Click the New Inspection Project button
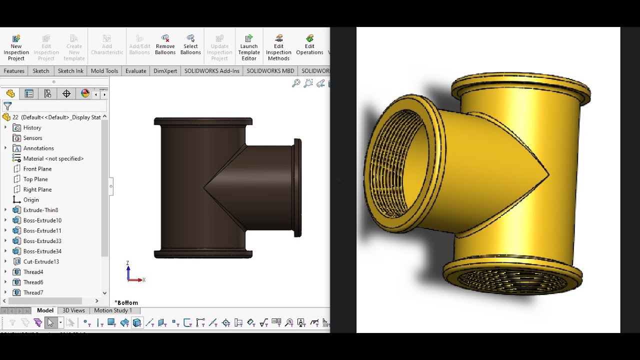click(16, 47)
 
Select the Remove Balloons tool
click(165, 44)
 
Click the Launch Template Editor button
click(249, 47)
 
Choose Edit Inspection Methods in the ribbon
click(278, 47)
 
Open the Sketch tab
click(41, 71)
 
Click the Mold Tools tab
click(104, 71)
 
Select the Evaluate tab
click(135, 71)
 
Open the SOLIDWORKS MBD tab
click(270, 71)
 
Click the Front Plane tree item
click(37, 169)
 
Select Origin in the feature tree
click(31, 200)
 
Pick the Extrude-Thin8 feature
click(40, 210)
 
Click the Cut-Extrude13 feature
click(41, 261)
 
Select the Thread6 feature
click(33, 282)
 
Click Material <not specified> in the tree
click(53, 158)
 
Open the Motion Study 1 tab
click(113, 310)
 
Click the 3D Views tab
click(73, 310)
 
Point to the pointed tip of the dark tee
click(205, 188)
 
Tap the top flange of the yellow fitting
click(520, 85)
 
